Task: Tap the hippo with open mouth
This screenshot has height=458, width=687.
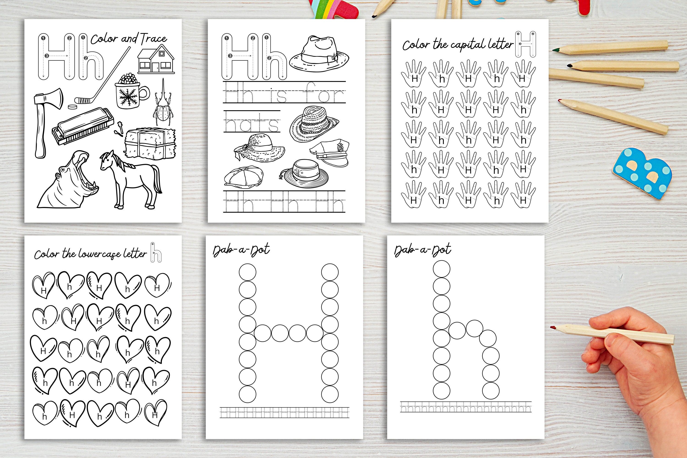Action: coord(70,183)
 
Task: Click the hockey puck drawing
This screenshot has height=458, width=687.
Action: coord(71,107)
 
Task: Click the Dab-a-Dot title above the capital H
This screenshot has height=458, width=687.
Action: coord(241,250)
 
